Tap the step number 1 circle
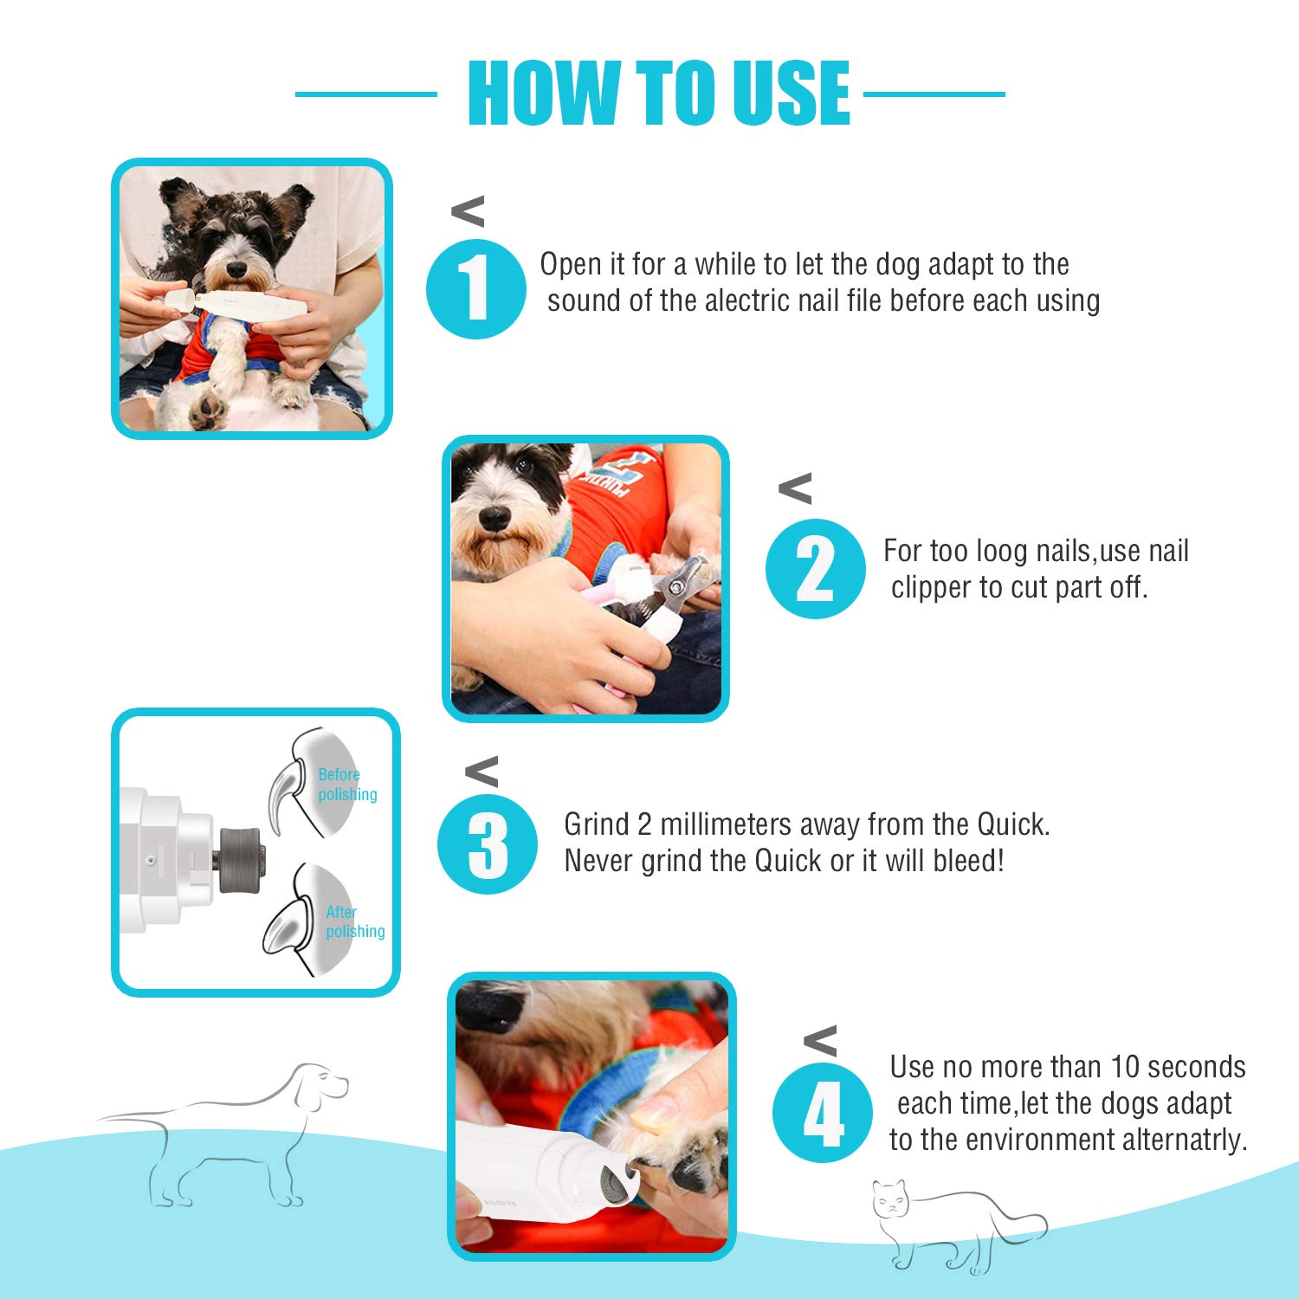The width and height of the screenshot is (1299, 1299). pyautogui.click(x=475, y=289)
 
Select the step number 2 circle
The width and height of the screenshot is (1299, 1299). pyautogui.click(x=815, y=569)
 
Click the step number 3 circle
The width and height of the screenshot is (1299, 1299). pyautogui.click(x=488, y=844)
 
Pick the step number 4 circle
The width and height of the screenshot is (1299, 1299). pyautogui.click(x=822, y=1113)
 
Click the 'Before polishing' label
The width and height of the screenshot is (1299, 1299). pyautogui.click(x=346, y=785)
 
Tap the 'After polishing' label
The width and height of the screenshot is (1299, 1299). pyautogui.click(x=354, y=921)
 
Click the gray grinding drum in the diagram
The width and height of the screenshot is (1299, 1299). pyautogui.click(x=241, y=859)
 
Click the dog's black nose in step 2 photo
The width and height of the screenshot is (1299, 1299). pyautogui.click(x=494, y=518)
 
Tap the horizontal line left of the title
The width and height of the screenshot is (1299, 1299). pyautogui.click(x=365, y=94)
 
